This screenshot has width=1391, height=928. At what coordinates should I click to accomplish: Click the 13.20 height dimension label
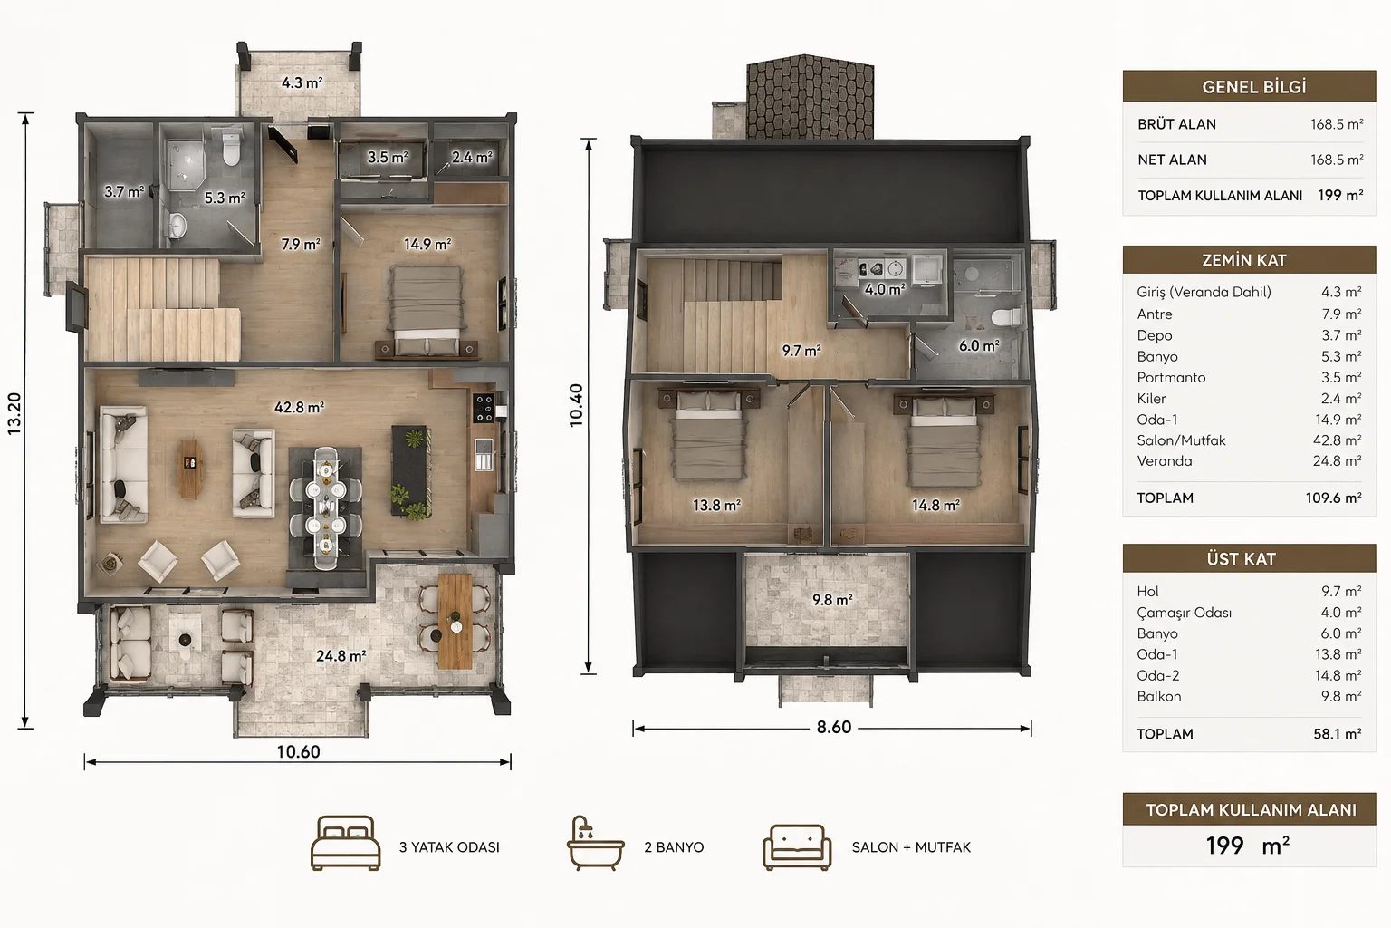click(14, 414)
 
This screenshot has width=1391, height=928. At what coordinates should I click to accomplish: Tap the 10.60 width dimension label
click(298, 752)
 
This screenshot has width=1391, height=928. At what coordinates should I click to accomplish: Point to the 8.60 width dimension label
click(833, 727)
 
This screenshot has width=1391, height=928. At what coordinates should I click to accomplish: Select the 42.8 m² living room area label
click(300, 407)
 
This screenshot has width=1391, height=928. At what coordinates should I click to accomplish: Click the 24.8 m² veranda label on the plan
click(341, 656)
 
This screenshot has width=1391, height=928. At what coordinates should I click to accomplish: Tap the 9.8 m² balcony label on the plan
click(832, 600)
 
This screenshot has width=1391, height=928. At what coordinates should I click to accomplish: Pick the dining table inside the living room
click(325, 507)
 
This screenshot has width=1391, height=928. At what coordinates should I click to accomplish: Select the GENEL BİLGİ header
click(1253, 87)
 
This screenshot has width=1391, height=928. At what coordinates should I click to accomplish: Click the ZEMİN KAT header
click(1243, 260)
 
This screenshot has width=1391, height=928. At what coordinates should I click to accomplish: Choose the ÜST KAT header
click(1241, 559)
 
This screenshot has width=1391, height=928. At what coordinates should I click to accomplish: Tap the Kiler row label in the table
click(1151, 399)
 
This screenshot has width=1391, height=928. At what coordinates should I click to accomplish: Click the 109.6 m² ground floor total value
click(1333, 498)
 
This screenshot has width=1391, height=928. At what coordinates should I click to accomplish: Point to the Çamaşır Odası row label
click(1185, 613)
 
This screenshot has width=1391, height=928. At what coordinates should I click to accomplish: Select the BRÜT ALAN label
click(1176, 124)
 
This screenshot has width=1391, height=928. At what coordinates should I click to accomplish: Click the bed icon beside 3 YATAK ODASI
click(345, 843)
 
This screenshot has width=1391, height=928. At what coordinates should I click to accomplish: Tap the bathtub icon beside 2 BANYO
click(595, 843)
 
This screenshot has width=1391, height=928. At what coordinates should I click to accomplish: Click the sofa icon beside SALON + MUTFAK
click(797, 846)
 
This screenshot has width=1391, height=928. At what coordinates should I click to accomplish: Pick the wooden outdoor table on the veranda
click(456, 621)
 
